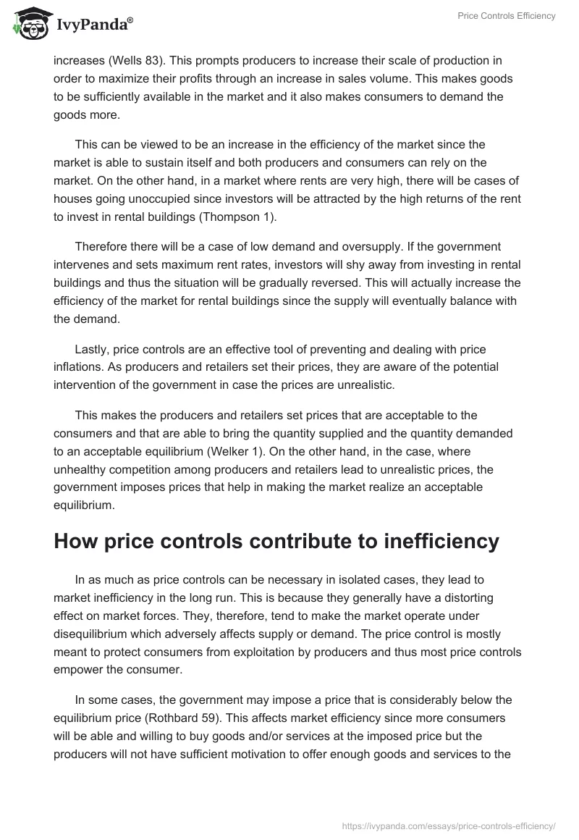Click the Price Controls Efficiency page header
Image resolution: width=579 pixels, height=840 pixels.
507,16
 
